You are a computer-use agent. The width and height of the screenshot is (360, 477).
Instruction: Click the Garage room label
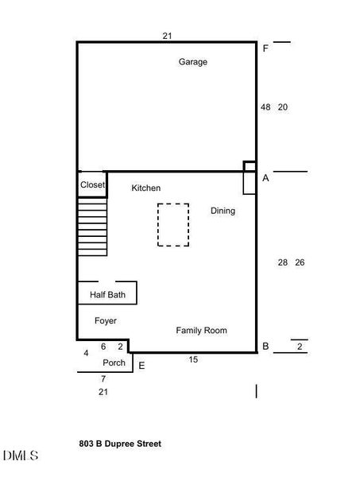[x=192, y=62]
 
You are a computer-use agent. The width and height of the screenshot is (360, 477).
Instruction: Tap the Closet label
[x=92, y=185]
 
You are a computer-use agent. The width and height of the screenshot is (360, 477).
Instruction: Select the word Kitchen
[x=145, y=188]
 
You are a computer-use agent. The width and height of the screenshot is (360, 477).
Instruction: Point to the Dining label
[x=223, y=211]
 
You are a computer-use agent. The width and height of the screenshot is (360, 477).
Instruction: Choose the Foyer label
[x=106, y=321]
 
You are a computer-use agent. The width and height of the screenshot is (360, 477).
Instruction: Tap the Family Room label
[x=201, y=330]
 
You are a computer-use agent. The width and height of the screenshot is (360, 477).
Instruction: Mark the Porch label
[x=114, y=363]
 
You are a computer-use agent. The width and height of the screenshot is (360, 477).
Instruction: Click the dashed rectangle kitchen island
[x=172, y=225]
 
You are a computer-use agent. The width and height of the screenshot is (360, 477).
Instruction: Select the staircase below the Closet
[x=92, y=227]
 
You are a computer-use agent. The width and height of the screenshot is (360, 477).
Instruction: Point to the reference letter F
[x=265, y=48]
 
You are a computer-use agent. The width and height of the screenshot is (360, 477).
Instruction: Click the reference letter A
[x=265, y=179]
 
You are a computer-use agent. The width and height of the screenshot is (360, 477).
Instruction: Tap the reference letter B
[x=265, y=346]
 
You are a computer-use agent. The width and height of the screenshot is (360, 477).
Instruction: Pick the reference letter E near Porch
[x=141, y=366]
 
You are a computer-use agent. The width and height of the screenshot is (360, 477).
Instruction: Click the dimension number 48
[x=265, y=107]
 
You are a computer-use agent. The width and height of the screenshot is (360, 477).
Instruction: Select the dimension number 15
[x=193, y=360]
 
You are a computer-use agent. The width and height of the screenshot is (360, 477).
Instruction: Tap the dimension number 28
[x=283, y=262]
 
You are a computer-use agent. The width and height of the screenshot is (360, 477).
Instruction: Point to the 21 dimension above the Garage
[x=167, y=36]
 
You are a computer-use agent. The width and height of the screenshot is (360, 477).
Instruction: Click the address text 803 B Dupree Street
[x=120, y=444]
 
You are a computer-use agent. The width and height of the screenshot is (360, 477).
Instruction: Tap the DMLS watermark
[x=21, y=456]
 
